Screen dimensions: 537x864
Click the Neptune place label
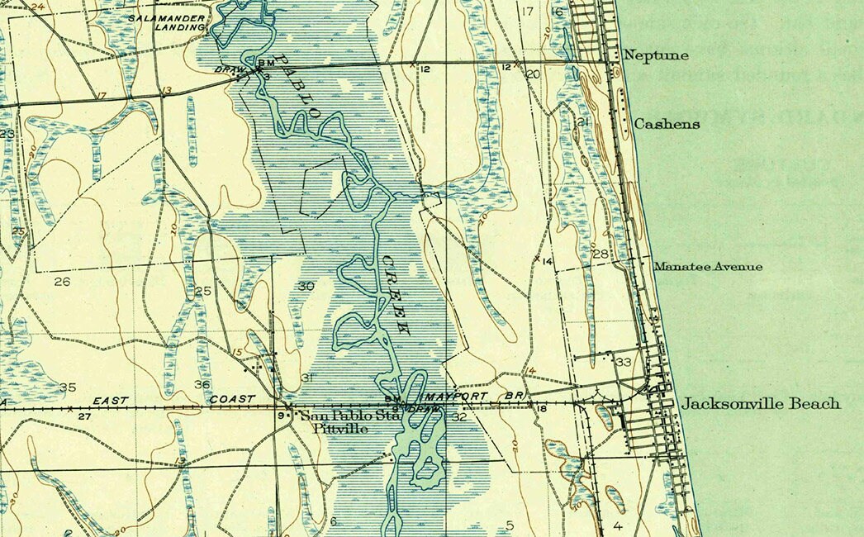pos(657,56)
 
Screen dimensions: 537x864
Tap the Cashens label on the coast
pos(667,124)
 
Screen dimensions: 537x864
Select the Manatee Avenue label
pos(708,267)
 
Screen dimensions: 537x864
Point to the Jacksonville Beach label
pos(761,404)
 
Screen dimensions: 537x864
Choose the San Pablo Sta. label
pos(349,416)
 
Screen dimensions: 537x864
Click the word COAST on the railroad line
pos(231,400)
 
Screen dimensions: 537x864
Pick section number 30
pos(306,286)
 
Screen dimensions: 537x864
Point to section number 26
pos(62,282)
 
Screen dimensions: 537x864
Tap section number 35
pos(68,387)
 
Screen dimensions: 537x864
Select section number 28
pos(600,254)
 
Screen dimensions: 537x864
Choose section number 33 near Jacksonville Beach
pos(624,362)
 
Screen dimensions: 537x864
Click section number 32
pos(460,417)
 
